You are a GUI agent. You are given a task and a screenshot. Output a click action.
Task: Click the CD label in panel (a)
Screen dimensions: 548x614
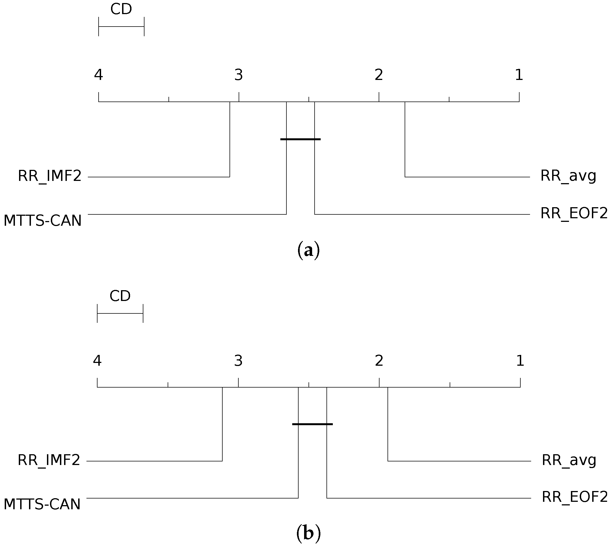[x=121, y=9]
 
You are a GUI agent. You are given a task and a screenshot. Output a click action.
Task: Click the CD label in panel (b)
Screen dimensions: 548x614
[x=120, y=296]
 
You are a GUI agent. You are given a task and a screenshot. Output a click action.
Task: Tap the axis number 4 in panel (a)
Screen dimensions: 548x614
[x=98, y=75]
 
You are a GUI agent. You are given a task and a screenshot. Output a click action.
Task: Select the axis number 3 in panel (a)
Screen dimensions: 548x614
[x=238, y=75]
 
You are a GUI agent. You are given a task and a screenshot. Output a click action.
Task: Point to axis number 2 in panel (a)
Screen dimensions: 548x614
[x=379, y=75]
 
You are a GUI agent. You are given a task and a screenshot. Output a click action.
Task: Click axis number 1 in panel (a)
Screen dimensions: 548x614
[x=519, y=75]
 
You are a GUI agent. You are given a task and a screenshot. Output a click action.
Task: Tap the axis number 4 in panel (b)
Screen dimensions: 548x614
[x=97, y=360]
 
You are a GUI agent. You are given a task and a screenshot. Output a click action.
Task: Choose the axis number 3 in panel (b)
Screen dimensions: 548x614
[x=238, y=360]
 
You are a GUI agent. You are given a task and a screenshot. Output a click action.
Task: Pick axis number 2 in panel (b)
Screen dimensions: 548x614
[x=379, y=360]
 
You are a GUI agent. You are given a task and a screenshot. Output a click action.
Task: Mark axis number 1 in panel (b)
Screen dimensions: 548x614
[x=520, y=360]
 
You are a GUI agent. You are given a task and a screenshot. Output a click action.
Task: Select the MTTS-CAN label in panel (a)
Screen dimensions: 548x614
[x=42, y=221]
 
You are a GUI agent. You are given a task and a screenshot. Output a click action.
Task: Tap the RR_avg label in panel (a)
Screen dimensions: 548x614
[x=568, y=176]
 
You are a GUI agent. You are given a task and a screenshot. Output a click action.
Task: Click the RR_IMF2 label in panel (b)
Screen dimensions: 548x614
[x=49, y=460]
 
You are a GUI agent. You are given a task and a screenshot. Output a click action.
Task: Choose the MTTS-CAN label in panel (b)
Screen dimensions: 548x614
[x=42, y=504]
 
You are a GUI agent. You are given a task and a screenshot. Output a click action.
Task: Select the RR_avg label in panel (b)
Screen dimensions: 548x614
[x=569, y=460]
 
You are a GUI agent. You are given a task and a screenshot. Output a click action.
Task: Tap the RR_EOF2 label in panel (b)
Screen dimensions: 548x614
[x=575, y=497]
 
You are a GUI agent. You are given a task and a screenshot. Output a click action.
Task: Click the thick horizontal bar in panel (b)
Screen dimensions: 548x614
[x=312, y=424]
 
